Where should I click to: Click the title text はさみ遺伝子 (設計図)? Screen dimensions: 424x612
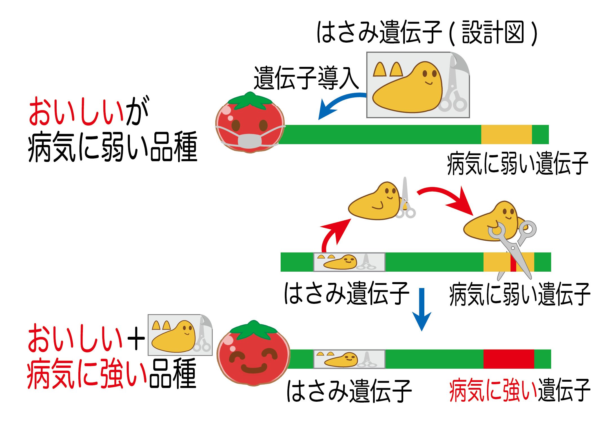click(x=427, y=32)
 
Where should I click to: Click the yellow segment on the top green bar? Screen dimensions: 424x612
click(x=506, y=135)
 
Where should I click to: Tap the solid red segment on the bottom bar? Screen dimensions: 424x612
click(x=509, y=359)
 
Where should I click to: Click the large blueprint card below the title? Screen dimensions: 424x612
click(x=418, y=85)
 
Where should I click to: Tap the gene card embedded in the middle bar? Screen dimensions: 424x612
click(x=349, y=262)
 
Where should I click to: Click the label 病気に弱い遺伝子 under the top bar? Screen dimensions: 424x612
click(x=517, y=163)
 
